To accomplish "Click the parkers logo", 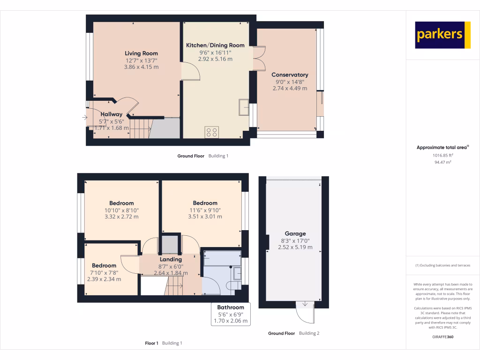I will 442,35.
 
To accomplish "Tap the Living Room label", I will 141,53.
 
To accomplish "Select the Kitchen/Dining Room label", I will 215,45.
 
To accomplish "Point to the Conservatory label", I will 290,75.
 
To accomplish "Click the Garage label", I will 295,233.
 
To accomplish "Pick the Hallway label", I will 111,114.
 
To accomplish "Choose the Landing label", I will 171,260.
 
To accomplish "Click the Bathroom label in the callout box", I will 230,307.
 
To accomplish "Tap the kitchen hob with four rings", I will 212,132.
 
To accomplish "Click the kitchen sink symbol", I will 244,107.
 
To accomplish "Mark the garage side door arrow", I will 305,304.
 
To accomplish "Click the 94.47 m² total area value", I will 442,162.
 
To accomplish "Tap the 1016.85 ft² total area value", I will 442,155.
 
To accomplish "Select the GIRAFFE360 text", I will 442,337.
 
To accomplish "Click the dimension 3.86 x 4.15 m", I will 141,67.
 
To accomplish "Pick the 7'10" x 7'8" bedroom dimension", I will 104,272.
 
